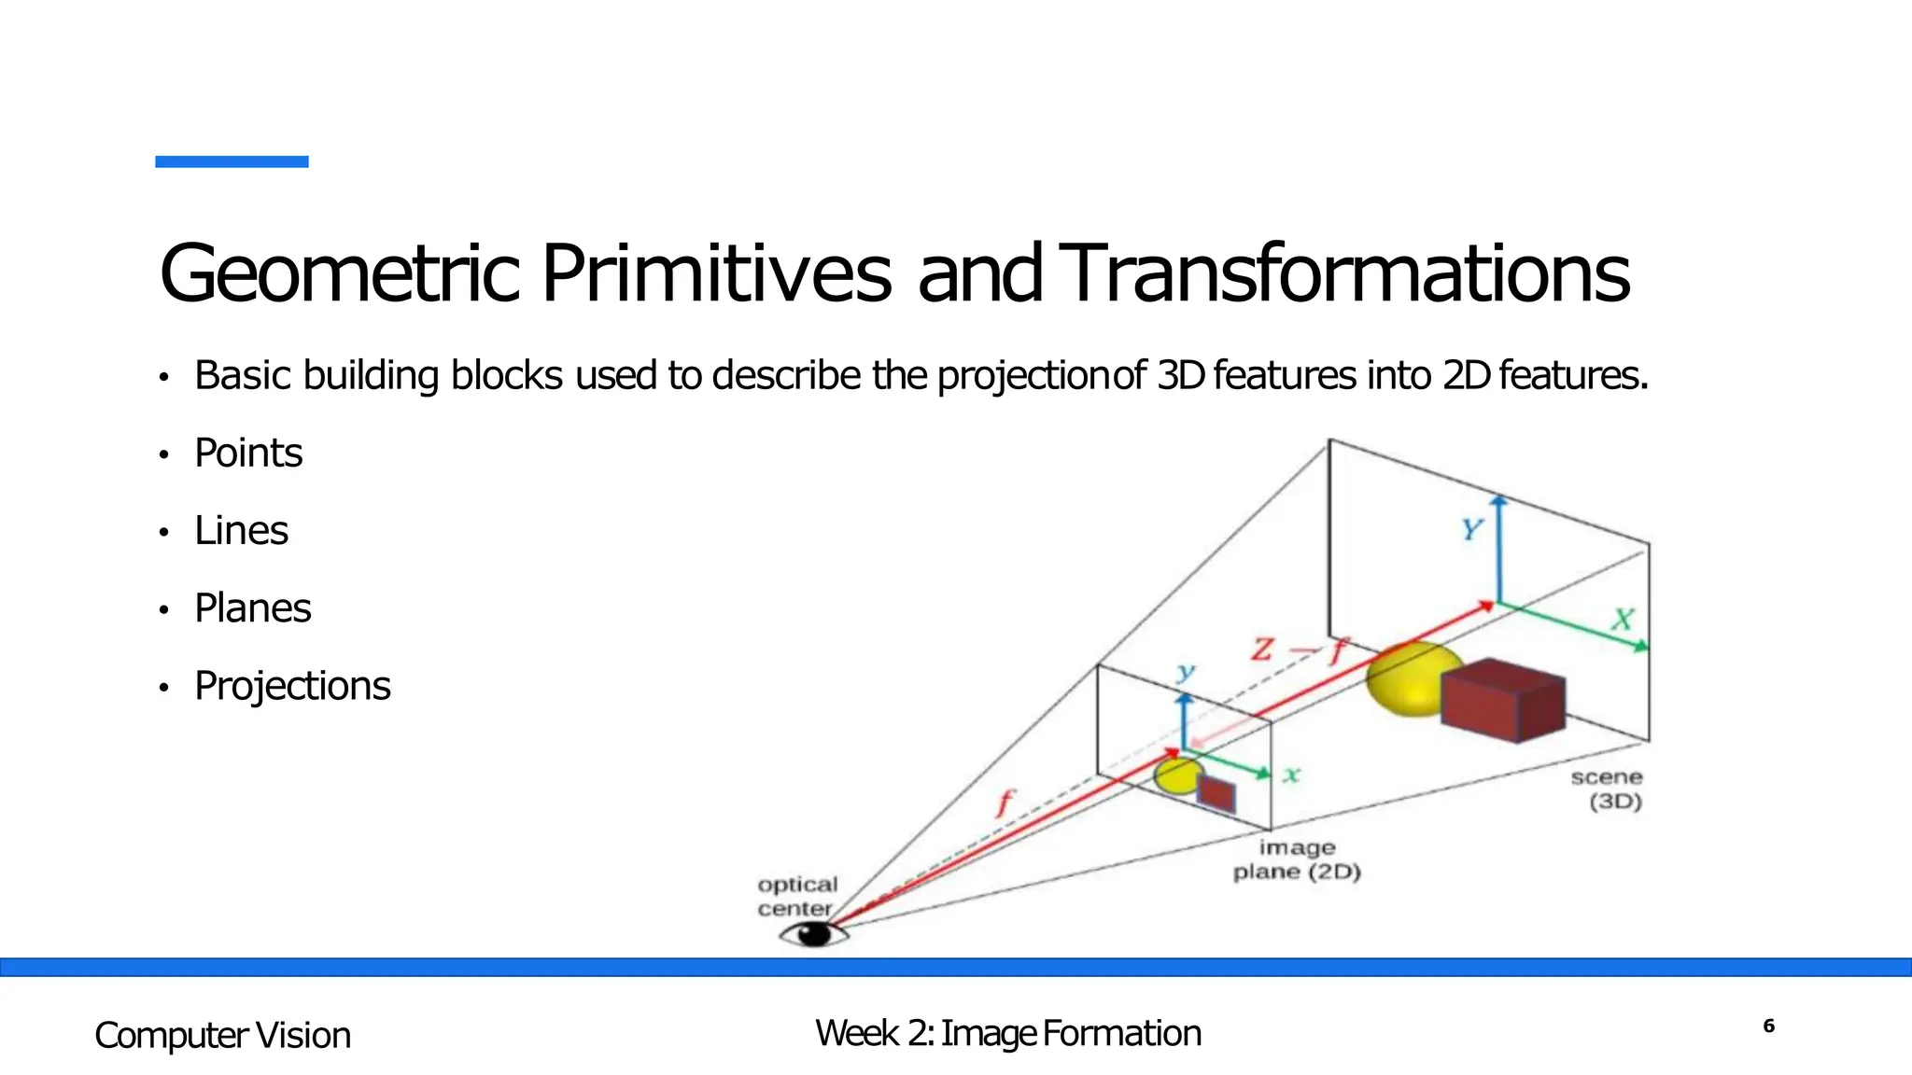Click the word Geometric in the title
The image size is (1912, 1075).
tap(338, 273)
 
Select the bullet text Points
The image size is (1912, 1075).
tap(247, 454)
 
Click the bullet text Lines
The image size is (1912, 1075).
tap(241, 531)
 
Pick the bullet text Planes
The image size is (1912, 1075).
tap(252, 608)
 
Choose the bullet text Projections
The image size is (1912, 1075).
tap(291, 686)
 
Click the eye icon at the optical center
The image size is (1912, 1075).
tap(814, 933)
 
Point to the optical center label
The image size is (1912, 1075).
tap(796, 896)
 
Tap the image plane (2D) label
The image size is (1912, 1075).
tap(1297, 859)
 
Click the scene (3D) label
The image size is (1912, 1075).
tap(1606, 789)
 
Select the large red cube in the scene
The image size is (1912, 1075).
tap(1501, 699)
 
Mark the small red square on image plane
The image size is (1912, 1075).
tap(1216, 793)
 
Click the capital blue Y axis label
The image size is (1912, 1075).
tap(1472, 530)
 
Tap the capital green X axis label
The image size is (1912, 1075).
tap(1623, 619)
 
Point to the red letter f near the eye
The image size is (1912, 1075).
tap(1005, 803)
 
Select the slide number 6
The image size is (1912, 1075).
tap(1768, 1026)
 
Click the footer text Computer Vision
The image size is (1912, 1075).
tap(222, 1036)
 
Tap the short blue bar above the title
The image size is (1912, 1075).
tap(232, 161)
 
